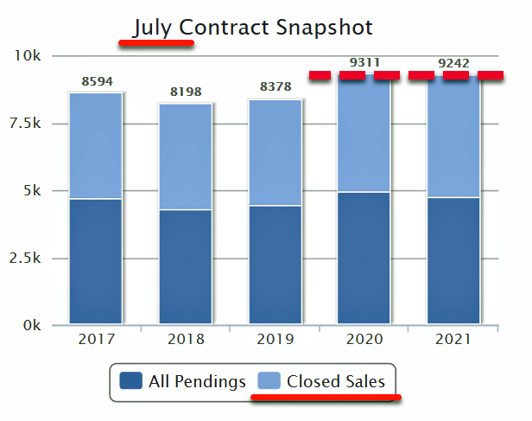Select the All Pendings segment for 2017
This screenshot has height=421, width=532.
[95, 261]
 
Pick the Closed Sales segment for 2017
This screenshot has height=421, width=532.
[95, 145]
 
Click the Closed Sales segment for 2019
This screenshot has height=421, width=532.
[275, 152]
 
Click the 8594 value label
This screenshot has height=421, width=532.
[97, 81]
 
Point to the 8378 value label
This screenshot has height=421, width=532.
[275, 87]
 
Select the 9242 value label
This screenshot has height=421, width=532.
[453, 63]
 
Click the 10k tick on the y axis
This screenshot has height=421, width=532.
[29, 56]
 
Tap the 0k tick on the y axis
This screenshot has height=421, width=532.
[32, 326]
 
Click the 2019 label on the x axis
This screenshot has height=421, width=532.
[275, 339]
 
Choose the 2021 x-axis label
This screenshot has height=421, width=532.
[453, 339]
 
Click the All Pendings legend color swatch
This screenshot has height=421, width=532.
[131, 381]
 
